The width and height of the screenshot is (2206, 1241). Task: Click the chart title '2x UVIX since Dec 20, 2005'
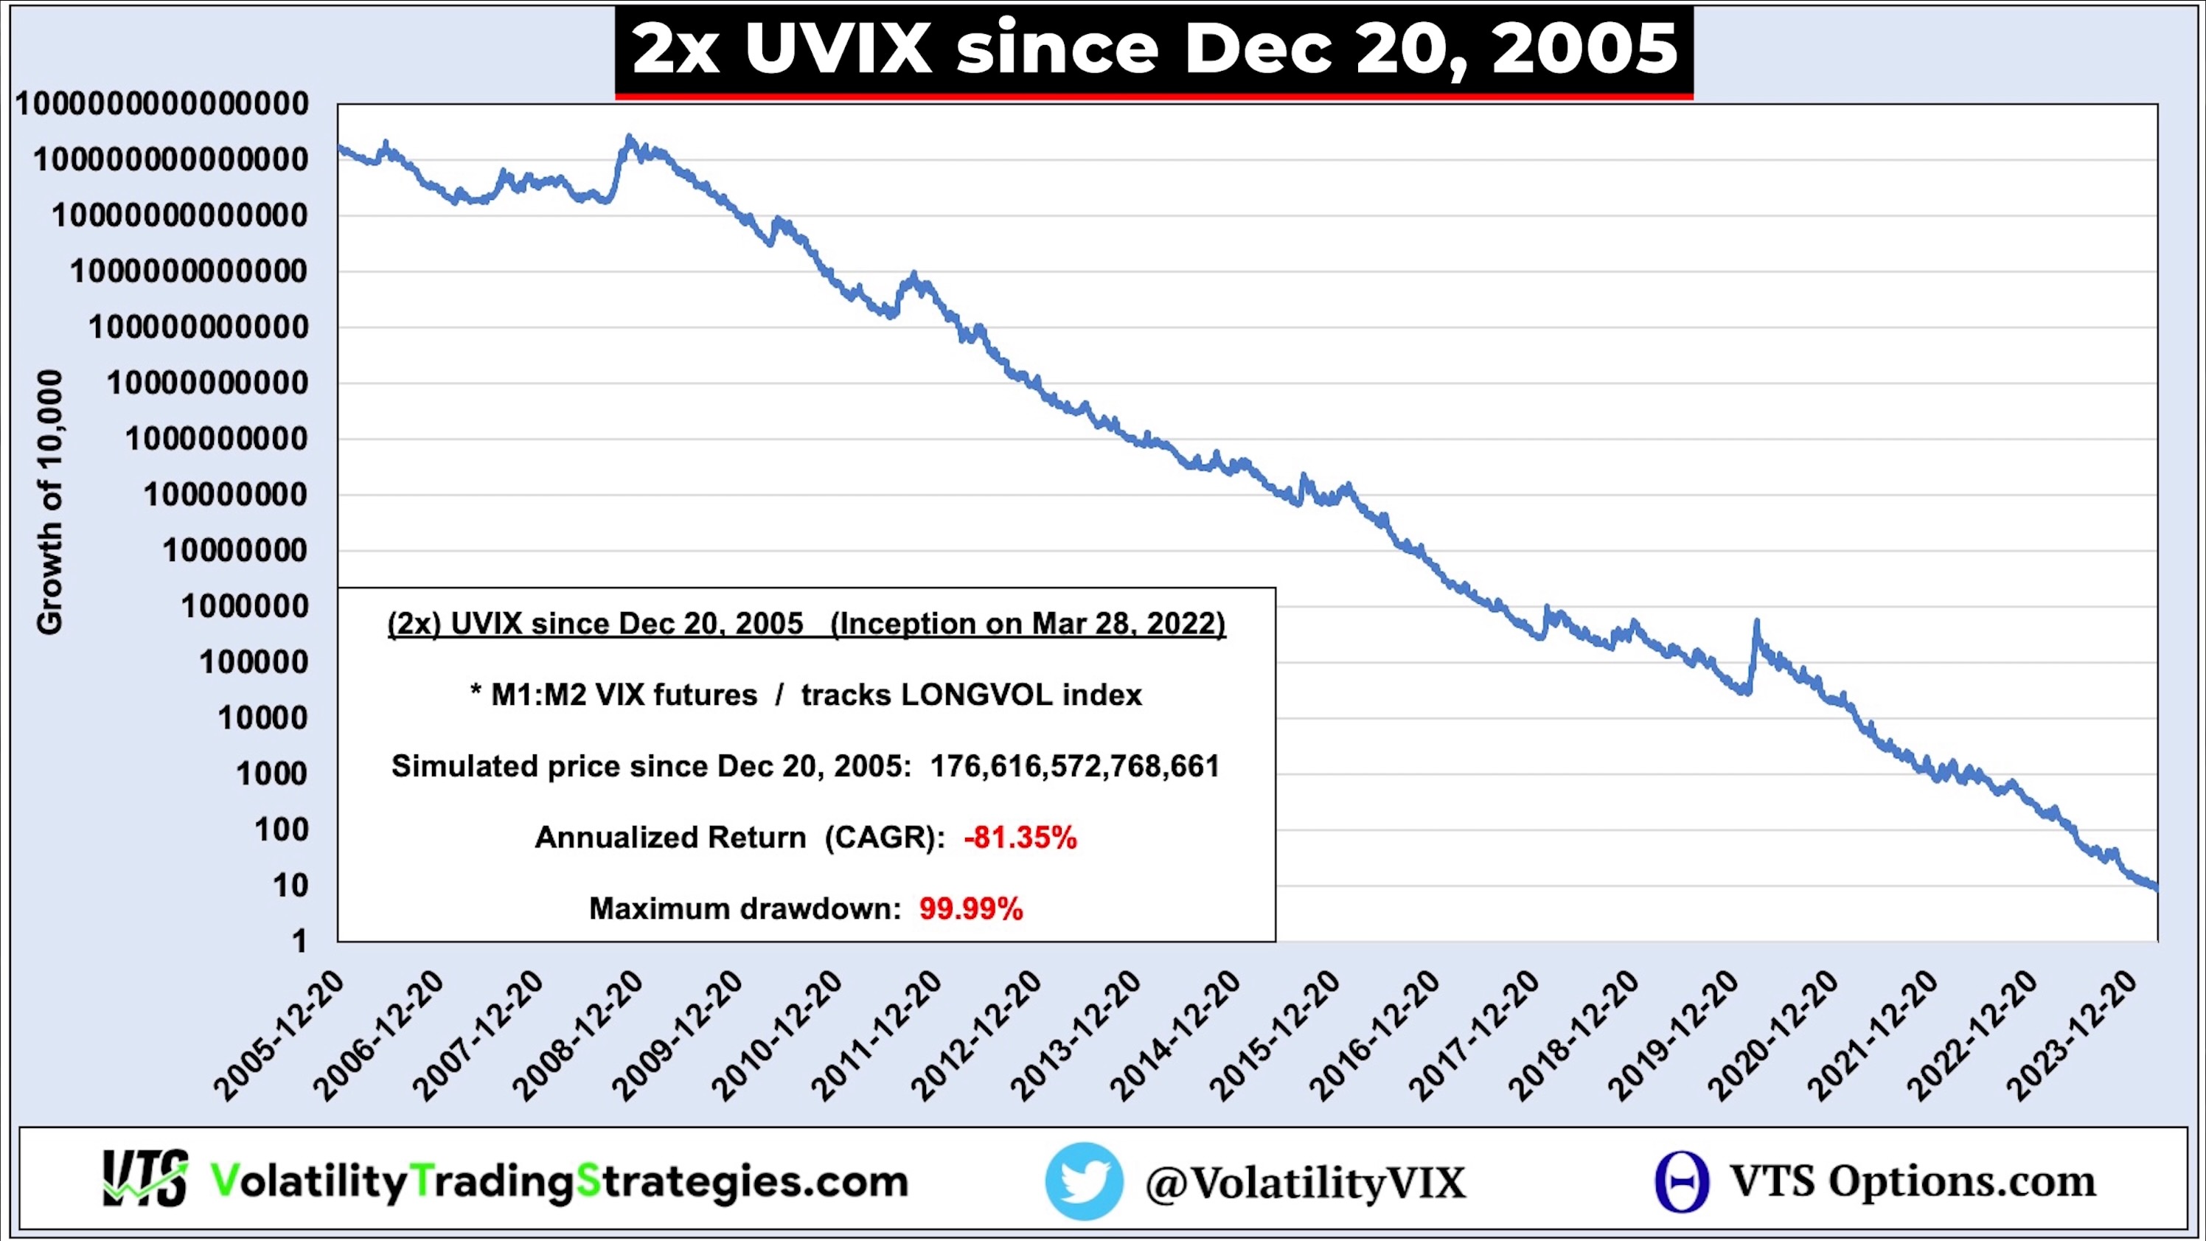tap(1154, 49)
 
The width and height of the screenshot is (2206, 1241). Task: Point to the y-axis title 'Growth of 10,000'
tap(49, 503)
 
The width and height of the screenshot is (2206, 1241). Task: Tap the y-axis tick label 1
tap(299, 941)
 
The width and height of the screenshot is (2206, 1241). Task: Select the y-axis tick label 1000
tap(271, 774)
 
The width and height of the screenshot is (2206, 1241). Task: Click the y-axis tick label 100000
tap(254, 662)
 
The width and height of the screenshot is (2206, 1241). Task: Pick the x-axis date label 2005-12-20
tap(279, 1036)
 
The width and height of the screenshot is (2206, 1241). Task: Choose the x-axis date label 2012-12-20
tap(976, 1036)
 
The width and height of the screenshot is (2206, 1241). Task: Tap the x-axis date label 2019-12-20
tap(1674, 1036)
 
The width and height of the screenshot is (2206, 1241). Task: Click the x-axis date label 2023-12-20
tap(2073, 1036)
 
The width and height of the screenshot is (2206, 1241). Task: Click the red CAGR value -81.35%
tap(1020, 837)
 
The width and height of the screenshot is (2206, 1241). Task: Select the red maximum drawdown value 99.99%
tap(971, 908)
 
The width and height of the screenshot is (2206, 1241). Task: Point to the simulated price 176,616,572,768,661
tap(1075, 765)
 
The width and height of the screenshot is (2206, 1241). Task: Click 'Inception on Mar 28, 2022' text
tap(1028, 624)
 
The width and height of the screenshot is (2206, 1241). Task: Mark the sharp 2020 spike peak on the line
tap(1756, 622)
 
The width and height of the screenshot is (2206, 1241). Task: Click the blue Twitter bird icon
tap(1083, 1181)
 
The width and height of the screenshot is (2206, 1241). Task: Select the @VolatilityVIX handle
tap(1305, 1183)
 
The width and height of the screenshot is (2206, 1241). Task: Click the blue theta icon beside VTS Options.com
tap(1682, 1182)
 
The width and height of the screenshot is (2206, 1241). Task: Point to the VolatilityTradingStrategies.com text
tap(559, 1182)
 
